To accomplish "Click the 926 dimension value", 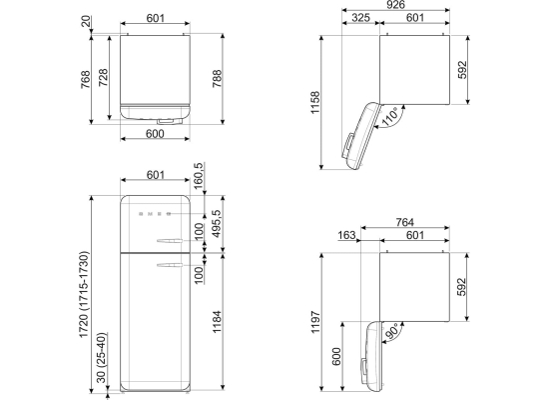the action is point(395,5).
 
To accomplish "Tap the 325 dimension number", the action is point(360,17).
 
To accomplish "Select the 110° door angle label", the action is point(389,117).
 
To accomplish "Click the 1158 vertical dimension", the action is point(315,102).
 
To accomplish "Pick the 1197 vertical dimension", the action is point(315,322).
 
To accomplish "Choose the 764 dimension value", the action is point(404,222).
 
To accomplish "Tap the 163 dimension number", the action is point(347,235).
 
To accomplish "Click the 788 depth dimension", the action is point(217,79).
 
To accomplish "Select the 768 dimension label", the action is point(86,79).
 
